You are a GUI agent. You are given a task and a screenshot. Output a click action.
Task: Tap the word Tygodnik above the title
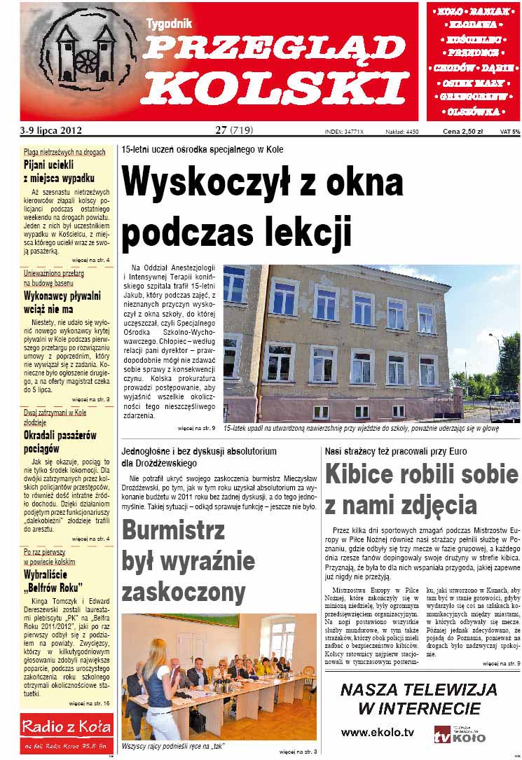(x=169, y=24)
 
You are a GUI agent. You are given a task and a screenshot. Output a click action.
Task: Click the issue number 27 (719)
(x=234, y=130)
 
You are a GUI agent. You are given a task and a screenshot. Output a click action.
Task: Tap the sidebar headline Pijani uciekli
(x=48, y=166)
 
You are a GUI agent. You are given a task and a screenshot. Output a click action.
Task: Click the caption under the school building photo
(x=371, y=428)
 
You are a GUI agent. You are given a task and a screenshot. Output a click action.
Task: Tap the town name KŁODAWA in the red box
(x=474, y=24)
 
